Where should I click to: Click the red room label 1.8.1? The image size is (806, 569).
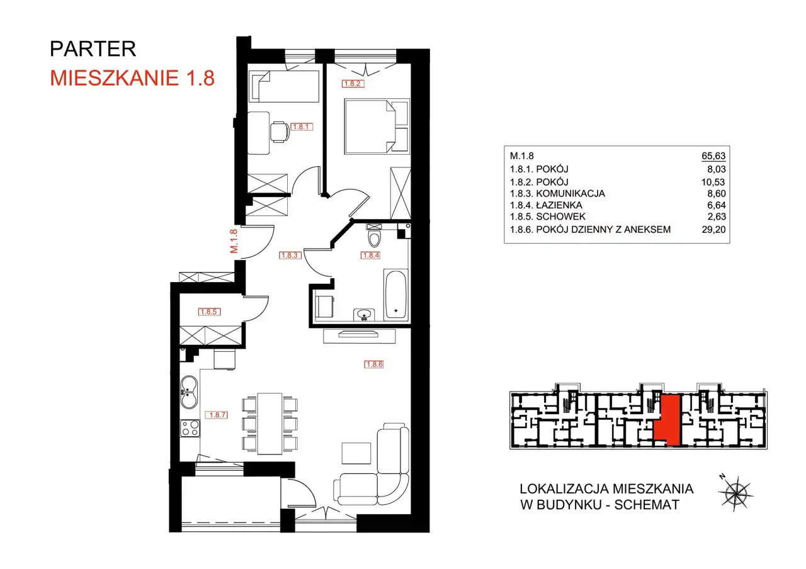[x=302, y=127]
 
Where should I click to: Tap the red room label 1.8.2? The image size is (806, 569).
[x=353, y=84]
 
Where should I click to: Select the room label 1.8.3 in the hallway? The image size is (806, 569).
[x=290, y=256]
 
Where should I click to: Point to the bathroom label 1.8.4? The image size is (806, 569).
[x=370, y=256]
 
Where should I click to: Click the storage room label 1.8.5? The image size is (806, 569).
[x=209, y=312]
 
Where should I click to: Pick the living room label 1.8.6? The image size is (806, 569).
[x=374, y=364]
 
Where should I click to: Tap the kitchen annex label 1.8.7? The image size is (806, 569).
[x=217, y=415]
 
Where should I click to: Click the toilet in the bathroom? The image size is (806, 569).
[x=374, y=235]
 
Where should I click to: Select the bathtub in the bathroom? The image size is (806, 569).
[x=396, y=295]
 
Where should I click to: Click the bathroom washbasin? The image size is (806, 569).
[x=364, y=315]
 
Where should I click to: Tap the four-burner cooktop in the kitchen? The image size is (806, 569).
[x=190, y=429]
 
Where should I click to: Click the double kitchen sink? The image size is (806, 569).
[x=189, y=392]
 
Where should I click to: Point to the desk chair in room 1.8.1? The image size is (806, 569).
[x=280, y=132]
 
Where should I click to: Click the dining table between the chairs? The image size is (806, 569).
[x=270, y=424]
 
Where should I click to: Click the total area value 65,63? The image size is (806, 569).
[x=713, y=155]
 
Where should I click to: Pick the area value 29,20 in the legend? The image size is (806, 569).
[x=713, y=230]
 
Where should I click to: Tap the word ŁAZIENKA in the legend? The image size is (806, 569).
[x=559, y=205]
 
